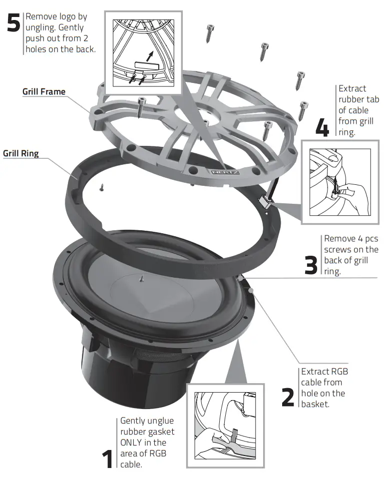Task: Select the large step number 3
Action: pyautogui.click(x=311, y=264)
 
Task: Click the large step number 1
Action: pyautogui.click(x=108, y=459)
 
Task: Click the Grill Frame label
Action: pyautogui.click(x=44, y=92)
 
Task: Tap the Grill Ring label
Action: pyautogui.click(x=21, y=153)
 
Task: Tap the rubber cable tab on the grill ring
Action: pyautogui.click(x=265, y=201)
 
